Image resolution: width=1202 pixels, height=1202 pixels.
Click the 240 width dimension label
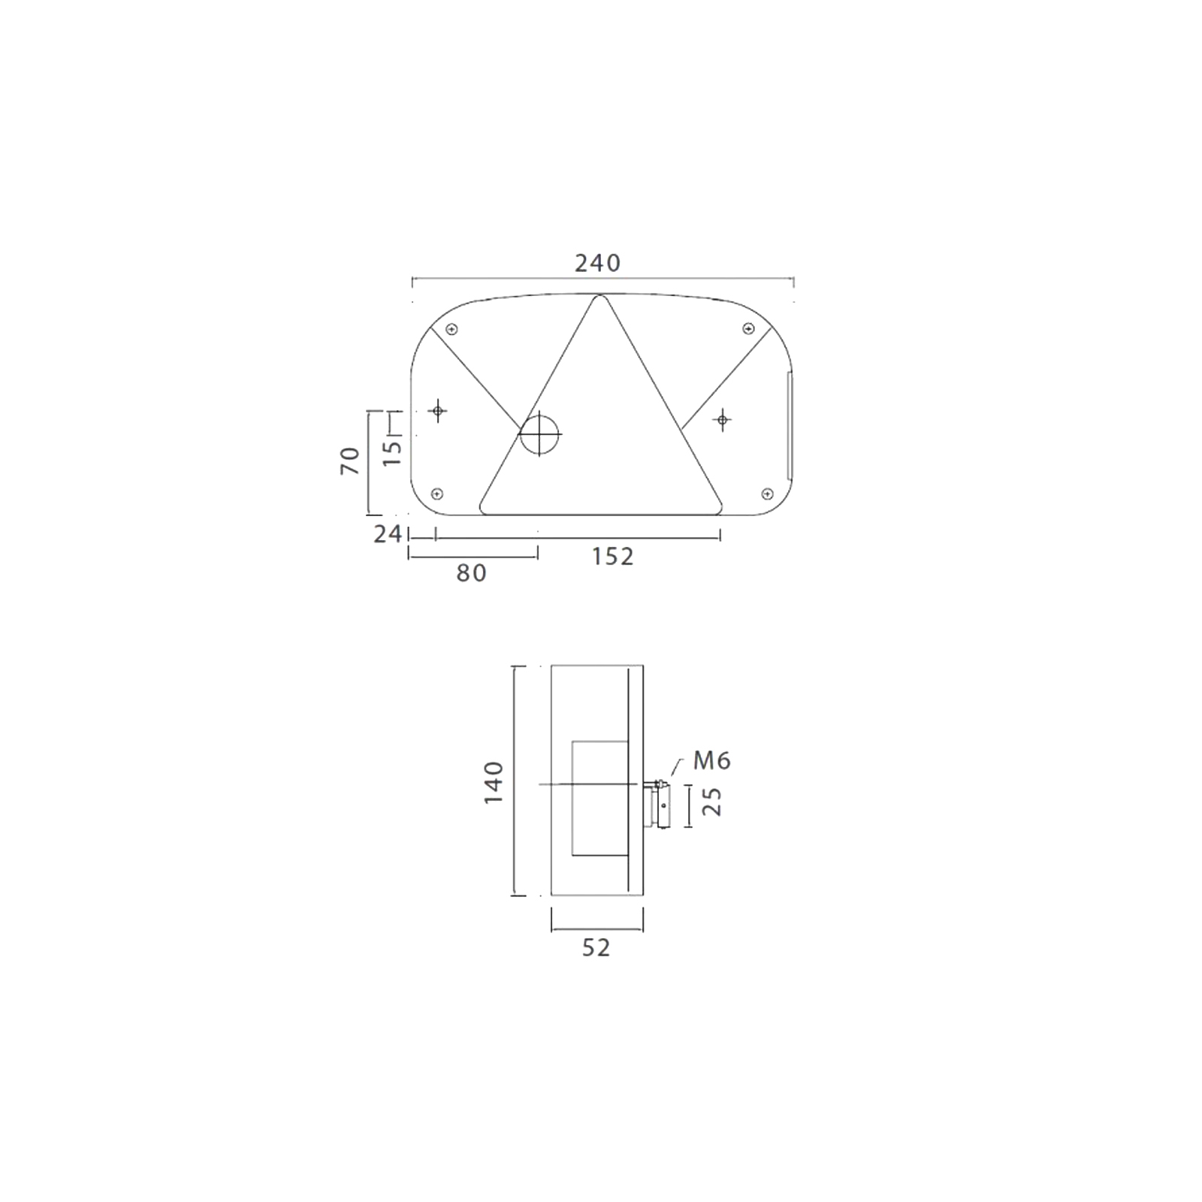point(598,263)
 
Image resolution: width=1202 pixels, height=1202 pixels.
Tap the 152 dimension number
point(613,557)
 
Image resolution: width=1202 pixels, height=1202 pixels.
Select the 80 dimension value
point(472,573)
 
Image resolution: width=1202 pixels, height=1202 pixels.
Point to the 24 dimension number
point(388,534)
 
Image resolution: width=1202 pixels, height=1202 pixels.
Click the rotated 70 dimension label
point(350,461)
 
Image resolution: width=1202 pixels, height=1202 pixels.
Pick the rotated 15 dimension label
point(392,452)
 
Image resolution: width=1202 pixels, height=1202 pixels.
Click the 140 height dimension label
point(493,783)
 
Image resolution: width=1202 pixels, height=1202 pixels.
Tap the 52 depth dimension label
point(596,948)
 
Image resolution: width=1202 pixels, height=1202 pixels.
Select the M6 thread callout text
point(712,761)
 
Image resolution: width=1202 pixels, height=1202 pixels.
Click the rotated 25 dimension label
point(711,802)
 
